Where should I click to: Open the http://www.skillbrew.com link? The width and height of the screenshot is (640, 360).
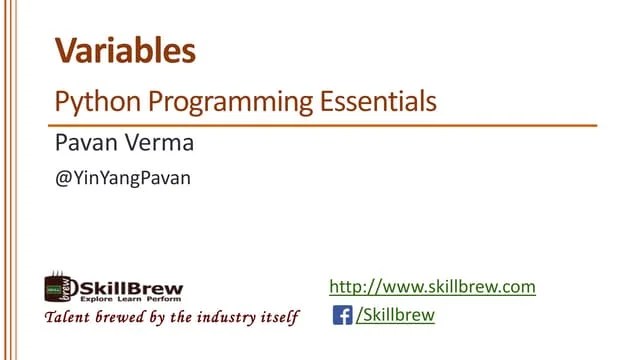(x=432, y=287)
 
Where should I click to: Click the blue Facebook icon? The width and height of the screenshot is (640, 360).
(x=342, y=316)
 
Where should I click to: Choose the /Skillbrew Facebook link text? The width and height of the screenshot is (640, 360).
(x=396, y=316)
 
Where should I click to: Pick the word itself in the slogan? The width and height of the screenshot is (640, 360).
(x=281, y=319)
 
